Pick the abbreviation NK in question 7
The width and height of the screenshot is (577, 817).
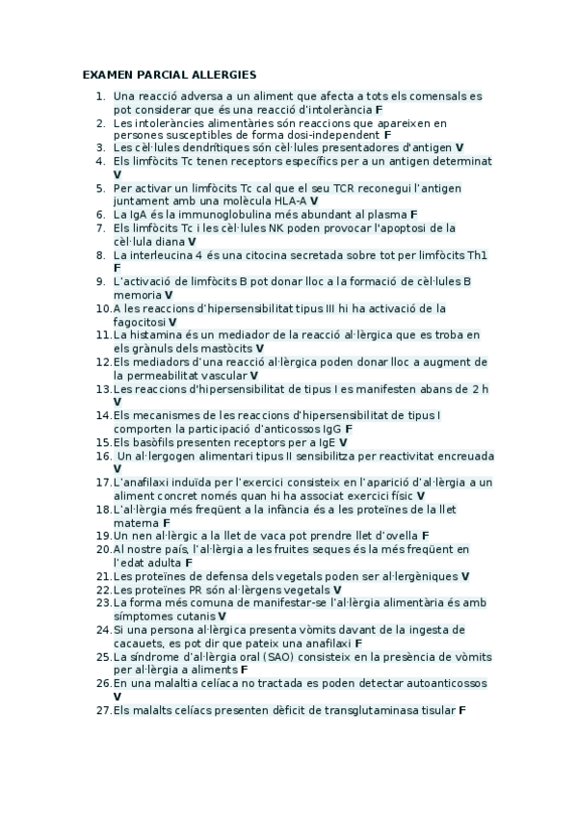coord(284,227)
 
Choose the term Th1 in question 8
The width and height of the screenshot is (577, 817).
coord(477,255)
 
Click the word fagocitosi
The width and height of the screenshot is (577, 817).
coord(139,321)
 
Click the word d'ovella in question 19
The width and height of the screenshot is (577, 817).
coord(394,534)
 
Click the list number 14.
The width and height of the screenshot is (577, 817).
coord(104,414)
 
